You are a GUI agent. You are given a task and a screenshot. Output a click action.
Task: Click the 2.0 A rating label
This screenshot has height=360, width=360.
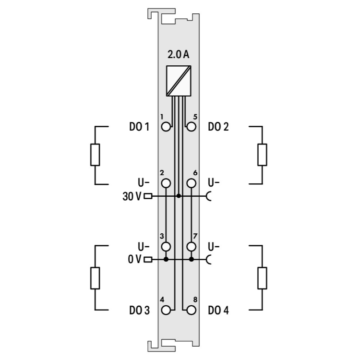178,55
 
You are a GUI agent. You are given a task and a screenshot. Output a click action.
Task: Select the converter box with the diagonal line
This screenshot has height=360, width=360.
179,81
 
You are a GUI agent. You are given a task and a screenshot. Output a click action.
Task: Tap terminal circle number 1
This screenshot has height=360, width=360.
166,127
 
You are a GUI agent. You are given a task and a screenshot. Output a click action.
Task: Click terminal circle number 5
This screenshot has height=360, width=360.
191,127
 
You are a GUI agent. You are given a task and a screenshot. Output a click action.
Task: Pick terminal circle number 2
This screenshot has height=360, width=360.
166,183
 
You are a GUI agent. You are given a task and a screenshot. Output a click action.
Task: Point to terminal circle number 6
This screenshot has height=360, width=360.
191,183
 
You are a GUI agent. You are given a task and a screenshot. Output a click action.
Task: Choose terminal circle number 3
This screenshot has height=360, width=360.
166,247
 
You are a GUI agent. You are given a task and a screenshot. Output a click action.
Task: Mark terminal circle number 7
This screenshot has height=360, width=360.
191,247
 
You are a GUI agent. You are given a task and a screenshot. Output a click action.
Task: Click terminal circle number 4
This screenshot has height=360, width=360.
166,311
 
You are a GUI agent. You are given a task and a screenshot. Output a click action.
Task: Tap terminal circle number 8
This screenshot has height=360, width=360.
191,311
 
